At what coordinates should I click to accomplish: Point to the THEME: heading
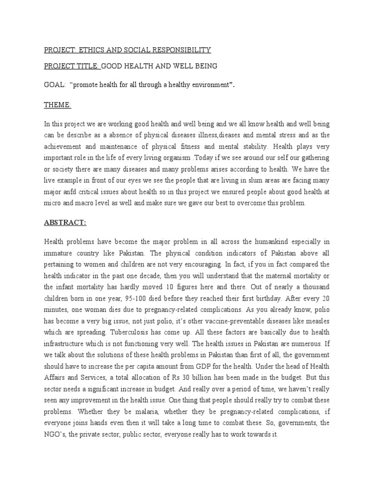tap(58, 106)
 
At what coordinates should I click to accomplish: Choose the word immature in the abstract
tap(59, 253)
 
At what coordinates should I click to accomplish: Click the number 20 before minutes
tap(323, 298)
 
